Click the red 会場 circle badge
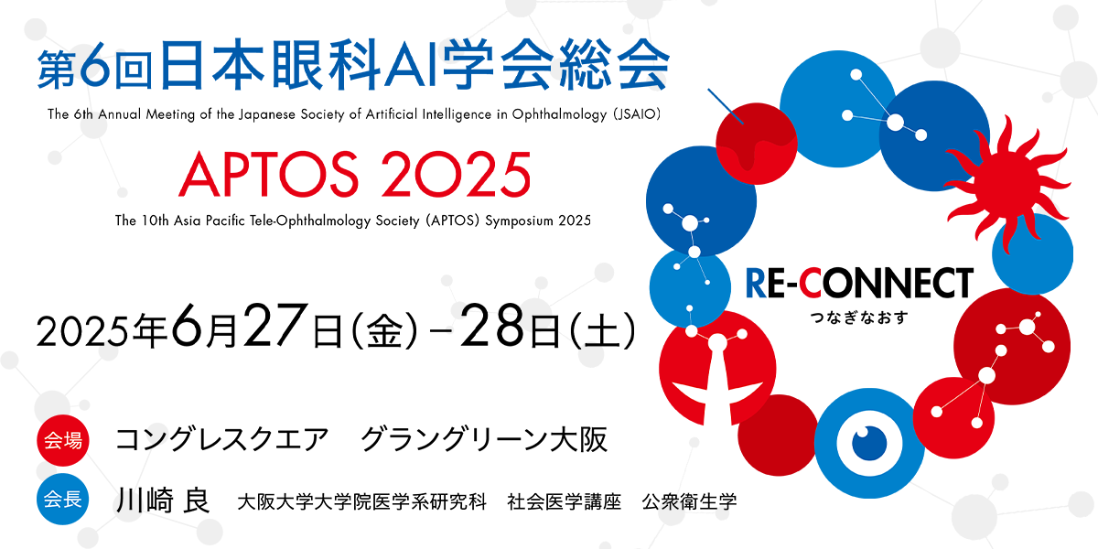(63, 440)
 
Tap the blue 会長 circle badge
(63, 499)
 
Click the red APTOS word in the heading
(269, 174)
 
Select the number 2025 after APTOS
(456, 174)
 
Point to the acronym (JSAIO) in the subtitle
(637, 114)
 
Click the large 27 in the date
(277, 325)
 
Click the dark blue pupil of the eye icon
(869, 443)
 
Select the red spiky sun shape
(1007, 184)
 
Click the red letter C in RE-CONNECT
(810, 283)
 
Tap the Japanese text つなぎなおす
(859, 318)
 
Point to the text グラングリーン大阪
(484, 439)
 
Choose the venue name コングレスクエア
(221, 439)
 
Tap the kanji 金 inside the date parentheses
(384, 332)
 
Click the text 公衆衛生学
(689, 501)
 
